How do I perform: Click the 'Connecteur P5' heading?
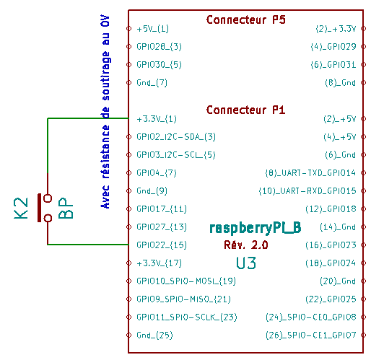click(x=245, y=19)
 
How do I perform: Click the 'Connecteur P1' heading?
click(x=245, y=110)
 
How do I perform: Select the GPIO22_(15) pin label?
click(x=162, y=245)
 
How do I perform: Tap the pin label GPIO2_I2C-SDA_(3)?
click(x=176, y=137)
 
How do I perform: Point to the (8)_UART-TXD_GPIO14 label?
click(x=310, y=173)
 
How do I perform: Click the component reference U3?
click(x=246, y=263)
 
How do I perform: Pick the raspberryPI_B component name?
click(x=256, y=228)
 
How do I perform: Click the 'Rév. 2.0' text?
click(x=246, y=245)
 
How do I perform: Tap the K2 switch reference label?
click(x=21, y=208)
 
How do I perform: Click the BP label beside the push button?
click(x=66, y=208)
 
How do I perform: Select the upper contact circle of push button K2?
click(x=48, y=198)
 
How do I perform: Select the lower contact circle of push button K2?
click(x=48, y=218)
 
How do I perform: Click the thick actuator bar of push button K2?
click(x=39, y=208)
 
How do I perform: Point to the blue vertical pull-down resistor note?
click(x=105, y=112)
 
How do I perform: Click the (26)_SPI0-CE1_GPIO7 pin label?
click(x=310, y=335)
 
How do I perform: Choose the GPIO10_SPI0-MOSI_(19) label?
click(x=186, y=281)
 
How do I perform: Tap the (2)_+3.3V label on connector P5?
click(x=336, y=29)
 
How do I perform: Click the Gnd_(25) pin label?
click(x=154, y=335)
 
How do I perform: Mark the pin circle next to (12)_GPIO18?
click(x=363, y=208)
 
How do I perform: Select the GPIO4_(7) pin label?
click(x=157, y=173)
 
